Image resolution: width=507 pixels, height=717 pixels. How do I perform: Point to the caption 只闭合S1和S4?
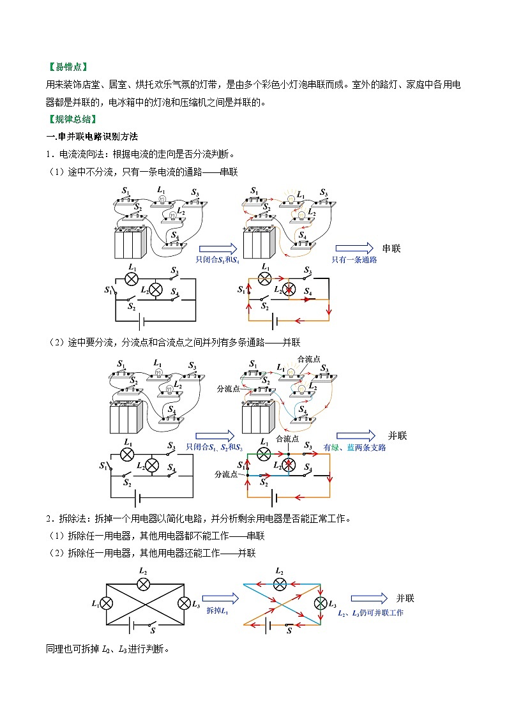(x=218, y=260)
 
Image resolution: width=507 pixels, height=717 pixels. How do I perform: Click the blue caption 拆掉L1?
(x=217, y=612)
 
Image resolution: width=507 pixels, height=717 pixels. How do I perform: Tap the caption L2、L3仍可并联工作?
(x=370, y=612)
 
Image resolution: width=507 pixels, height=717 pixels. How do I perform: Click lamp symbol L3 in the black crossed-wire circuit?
(x=185, y=603)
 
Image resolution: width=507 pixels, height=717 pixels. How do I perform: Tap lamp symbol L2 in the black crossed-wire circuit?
(x=144, y=584)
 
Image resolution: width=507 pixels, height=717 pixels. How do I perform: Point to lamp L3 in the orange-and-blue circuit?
(x=320, y=603)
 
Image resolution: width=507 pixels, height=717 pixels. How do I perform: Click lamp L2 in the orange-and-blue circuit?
(x=279, y=584)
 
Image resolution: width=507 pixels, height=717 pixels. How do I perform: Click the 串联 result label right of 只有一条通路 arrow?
(x=391, y=248)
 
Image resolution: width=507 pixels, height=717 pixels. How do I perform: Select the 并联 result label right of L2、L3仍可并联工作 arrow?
(x=405, y=598)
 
